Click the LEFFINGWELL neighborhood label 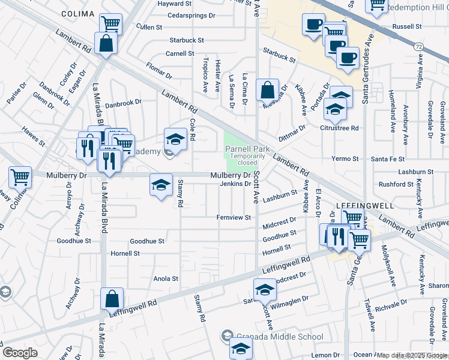366,205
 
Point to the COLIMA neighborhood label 78,14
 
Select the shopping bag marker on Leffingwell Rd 112,299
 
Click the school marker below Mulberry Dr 161,185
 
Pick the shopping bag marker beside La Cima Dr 267,91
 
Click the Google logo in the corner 20,353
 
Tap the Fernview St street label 234,217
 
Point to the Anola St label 166,278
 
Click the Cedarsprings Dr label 191,15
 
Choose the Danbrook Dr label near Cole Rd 123,103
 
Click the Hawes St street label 33,136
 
